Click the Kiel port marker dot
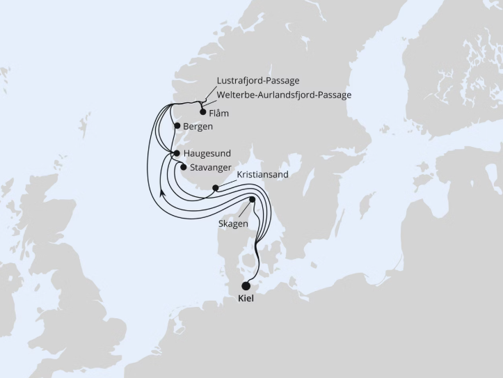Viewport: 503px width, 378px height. (x=246, y=285)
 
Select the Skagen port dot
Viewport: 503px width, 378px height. (x=252, y=200)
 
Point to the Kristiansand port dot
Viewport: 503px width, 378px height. (x=216, y=187)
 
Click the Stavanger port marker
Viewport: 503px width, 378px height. (x=183, y=166)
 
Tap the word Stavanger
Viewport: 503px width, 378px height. (x=211, y=167)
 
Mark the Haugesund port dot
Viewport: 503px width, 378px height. (x=177, y=153)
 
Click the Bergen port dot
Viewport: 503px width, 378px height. (x=178, y=127)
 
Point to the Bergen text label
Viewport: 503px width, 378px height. (x=199, y=127)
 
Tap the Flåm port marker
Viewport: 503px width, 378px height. (x=202, y=111)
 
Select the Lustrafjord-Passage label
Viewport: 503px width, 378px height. (x=257, y=81)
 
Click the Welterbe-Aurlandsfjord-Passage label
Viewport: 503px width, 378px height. (x=284, y=95)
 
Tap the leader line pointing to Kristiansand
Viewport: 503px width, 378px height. (x=227, y=182)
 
